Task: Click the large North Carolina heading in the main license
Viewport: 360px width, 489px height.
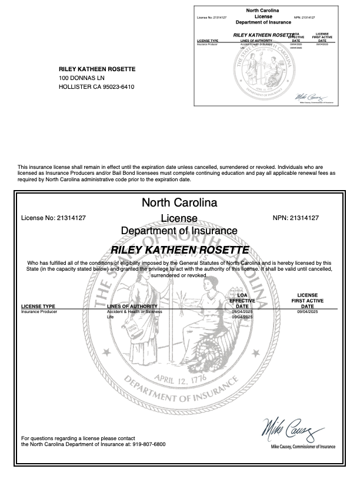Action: [179, 203]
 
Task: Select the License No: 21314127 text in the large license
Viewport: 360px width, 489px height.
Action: [54, 218]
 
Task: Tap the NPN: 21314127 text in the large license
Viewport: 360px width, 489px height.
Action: [296, 218]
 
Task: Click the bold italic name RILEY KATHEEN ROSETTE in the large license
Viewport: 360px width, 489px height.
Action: [179, 250]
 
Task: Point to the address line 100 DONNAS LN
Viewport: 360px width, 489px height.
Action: [82, 78]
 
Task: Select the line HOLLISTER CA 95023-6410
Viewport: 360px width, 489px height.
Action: [96, 87]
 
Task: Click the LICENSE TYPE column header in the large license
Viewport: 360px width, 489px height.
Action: [38, 306]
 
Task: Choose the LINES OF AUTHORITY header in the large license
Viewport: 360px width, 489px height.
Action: [132, 306]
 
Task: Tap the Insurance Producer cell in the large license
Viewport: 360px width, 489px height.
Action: [39, 311]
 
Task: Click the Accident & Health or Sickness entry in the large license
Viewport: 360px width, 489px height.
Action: [134, 311]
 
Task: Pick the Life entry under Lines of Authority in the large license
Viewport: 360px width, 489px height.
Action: [109, 317]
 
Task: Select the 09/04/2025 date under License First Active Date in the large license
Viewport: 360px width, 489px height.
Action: [307, 311]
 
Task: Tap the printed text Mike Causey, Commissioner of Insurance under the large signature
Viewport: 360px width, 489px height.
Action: [303, 447]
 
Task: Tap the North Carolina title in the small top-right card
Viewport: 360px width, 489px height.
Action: [263, 11]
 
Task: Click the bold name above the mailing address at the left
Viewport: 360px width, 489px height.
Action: [97, 69]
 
